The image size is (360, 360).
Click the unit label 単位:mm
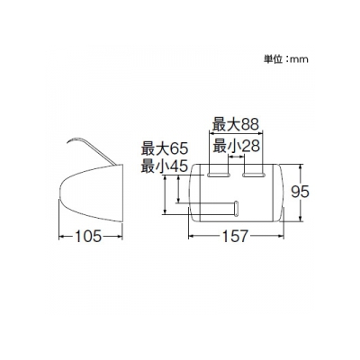pyautogui.click(x=286, y=59)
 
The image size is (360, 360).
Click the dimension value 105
pyautogui.click(x=88, y=237)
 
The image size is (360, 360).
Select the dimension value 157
pyautogui.click(x=236, y=236)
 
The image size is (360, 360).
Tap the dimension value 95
pyautogui.click(x=300, y=192)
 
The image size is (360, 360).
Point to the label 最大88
pyautogui.click(x=236, y=124)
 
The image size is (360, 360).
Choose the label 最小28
pyautogui.click(x=236, y=146)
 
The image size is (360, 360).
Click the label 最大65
pyautogui.click(x=165, y=148)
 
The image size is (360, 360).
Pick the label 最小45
pyautogui.click(x=165, y=166)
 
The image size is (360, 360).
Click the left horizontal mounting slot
pyautogui.click(x=219, y=175)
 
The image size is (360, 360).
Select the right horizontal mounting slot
pyautogui.click(x=254, y=175)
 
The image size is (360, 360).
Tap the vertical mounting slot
pyautogui.click(x=236, y=208)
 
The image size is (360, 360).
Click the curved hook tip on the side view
pyautogui.click(x=67, y=142)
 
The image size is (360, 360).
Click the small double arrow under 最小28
pyautogui.click(x=236, y=157)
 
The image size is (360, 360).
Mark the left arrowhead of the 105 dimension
pyautogui.click(x=61, y=237)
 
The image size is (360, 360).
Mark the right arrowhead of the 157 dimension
pyautogui.click(x=282, y=237)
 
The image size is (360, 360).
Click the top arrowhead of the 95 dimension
pyautogui.click(x=301, y=166)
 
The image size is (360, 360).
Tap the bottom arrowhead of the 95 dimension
pyautogui.click(x=301, y=219)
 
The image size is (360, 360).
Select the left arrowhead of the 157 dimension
pyautogui.click(x=191, y=237)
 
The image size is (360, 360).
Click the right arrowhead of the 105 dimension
pyautogui.click(x=120, y=237)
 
